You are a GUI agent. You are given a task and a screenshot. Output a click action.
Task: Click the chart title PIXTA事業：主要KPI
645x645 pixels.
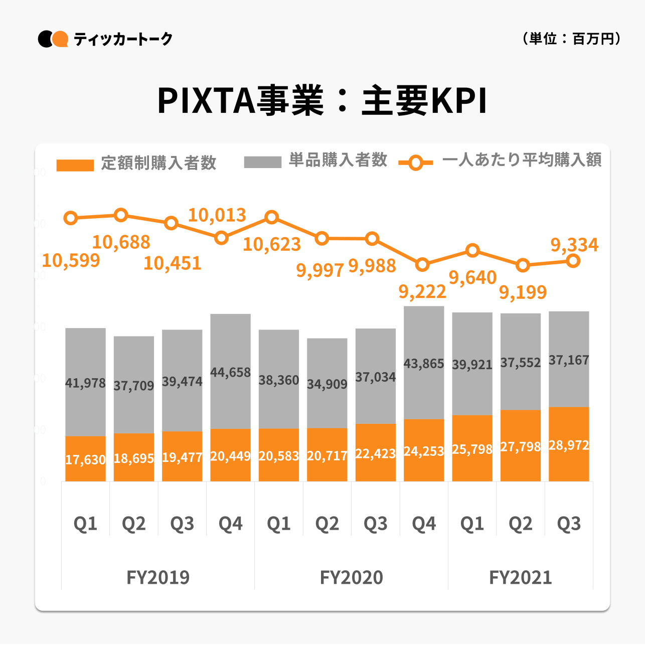pyautogui.click(x=322, y=101)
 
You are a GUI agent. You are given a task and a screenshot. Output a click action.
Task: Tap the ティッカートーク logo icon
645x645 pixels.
pyautogui.click(x=53, y=39)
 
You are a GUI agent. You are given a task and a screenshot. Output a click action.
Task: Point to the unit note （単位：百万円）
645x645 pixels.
pyautogui.click(x=571, y=39)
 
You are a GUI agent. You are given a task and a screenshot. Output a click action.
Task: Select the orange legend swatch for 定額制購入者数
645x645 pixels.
pyautogui.click(x=75, y=165)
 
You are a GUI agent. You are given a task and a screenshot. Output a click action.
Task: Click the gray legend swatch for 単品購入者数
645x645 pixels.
pyautogui.click(x=262, y=162)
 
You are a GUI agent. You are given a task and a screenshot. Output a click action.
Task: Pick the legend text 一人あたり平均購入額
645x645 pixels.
pyautogui.click(x=522, y=160)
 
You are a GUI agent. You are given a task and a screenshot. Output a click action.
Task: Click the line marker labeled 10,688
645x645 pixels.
pyautogui.click(x=121, y=215)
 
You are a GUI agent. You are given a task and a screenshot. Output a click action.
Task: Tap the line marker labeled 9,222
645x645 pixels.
pyautogui.click(x=422, y=264)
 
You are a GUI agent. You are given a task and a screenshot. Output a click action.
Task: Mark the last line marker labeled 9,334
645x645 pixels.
pyautogui.click(x=573, y=261)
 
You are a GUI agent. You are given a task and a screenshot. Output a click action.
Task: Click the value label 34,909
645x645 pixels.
pyautogui.click(x=327, y=384)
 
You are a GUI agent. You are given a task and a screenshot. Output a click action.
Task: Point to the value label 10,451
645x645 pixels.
pyautogui.click(x=173, y=263)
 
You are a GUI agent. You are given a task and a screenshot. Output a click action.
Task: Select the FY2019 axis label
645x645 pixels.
pyautogui.click(x=158, y=577)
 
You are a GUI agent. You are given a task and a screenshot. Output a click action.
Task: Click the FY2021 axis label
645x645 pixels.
pyautogui.click(x=521, y=577)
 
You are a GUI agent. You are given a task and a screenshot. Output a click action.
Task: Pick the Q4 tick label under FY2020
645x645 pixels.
pyautogui.click(x=424, y=524)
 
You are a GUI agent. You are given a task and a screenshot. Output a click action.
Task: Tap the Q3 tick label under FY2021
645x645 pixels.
pyautogui.click(x=569, y=524)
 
